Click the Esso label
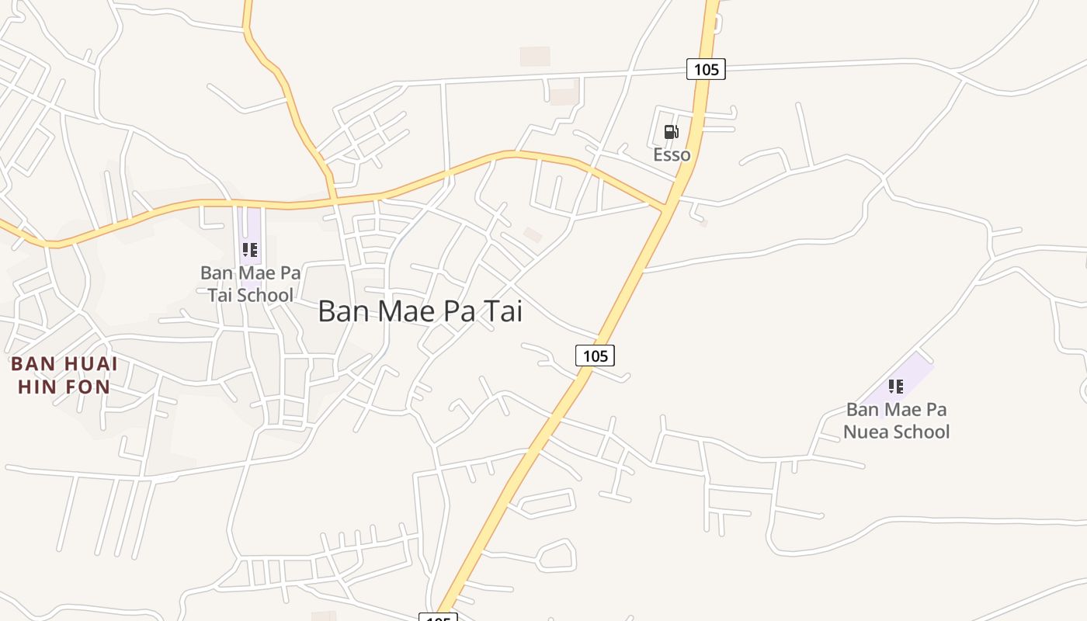point(672,154)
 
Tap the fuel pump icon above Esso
point(671,132)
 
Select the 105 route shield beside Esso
point(706,69)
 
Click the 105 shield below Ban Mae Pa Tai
point(595,356)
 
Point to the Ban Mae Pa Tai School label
point(250,284)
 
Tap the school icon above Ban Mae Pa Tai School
point(249,250)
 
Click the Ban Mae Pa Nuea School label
point(897,421)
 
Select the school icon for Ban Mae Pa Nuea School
point(896,386)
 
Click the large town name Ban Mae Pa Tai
point(420,311)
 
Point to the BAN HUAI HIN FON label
point(64,375)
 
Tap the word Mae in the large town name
point(409,311)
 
